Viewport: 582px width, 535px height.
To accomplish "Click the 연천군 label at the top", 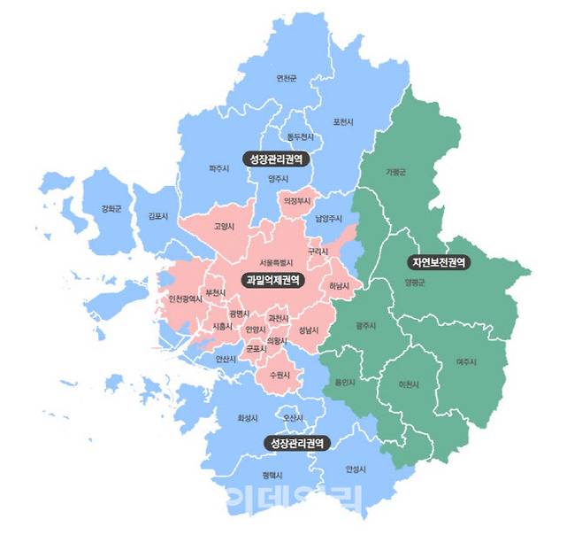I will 287,79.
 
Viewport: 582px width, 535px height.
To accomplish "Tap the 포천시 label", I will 343,121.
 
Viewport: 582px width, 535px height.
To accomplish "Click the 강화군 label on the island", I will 111,210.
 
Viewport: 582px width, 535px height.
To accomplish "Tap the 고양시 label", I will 224,226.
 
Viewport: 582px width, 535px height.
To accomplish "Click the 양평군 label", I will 414,283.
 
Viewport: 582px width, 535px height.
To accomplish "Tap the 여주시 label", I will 467,361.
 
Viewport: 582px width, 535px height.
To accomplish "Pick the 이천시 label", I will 409,384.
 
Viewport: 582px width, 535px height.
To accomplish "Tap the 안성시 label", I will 355,469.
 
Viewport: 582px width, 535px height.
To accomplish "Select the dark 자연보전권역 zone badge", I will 439,263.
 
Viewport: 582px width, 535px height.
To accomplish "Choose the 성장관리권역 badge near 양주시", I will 274,159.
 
